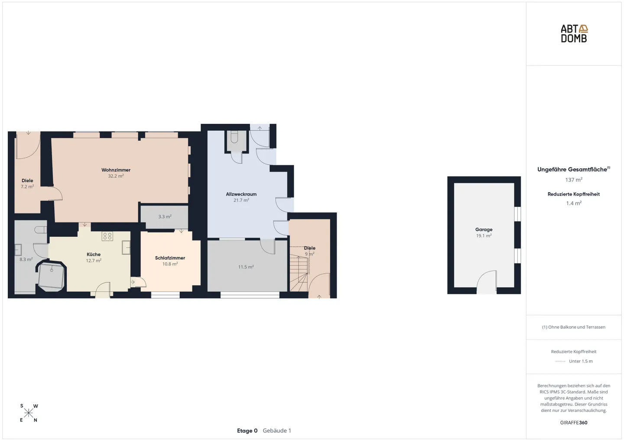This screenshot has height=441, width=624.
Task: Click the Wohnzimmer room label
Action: tap(116, 170)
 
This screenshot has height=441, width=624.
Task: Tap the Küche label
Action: tap(94, 254)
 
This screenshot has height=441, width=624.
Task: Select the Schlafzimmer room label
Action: tap(170, 258)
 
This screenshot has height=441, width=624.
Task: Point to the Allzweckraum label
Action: tap(241, 194)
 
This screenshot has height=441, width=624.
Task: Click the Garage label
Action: tap(484, 229)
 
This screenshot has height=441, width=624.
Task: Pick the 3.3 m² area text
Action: tap(165, 216)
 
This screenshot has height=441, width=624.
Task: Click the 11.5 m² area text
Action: tap(246, 267)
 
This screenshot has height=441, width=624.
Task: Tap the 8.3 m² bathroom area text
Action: tap(26, 259)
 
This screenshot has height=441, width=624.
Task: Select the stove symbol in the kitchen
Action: tap(107, 236)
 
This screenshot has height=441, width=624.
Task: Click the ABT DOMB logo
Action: tap(574, 34)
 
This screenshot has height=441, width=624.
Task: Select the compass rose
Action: tap(29, 413)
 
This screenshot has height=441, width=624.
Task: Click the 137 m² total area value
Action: tap(574, 180)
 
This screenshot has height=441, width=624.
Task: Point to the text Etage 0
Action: tap(247, 431)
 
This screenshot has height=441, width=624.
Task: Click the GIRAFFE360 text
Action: tap(574, 423)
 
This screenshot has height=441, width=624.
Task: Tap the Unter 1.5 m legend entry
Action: tap(581, 361)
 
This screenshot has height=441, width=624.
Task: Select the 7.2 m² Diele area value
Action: tap(27, 187)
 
